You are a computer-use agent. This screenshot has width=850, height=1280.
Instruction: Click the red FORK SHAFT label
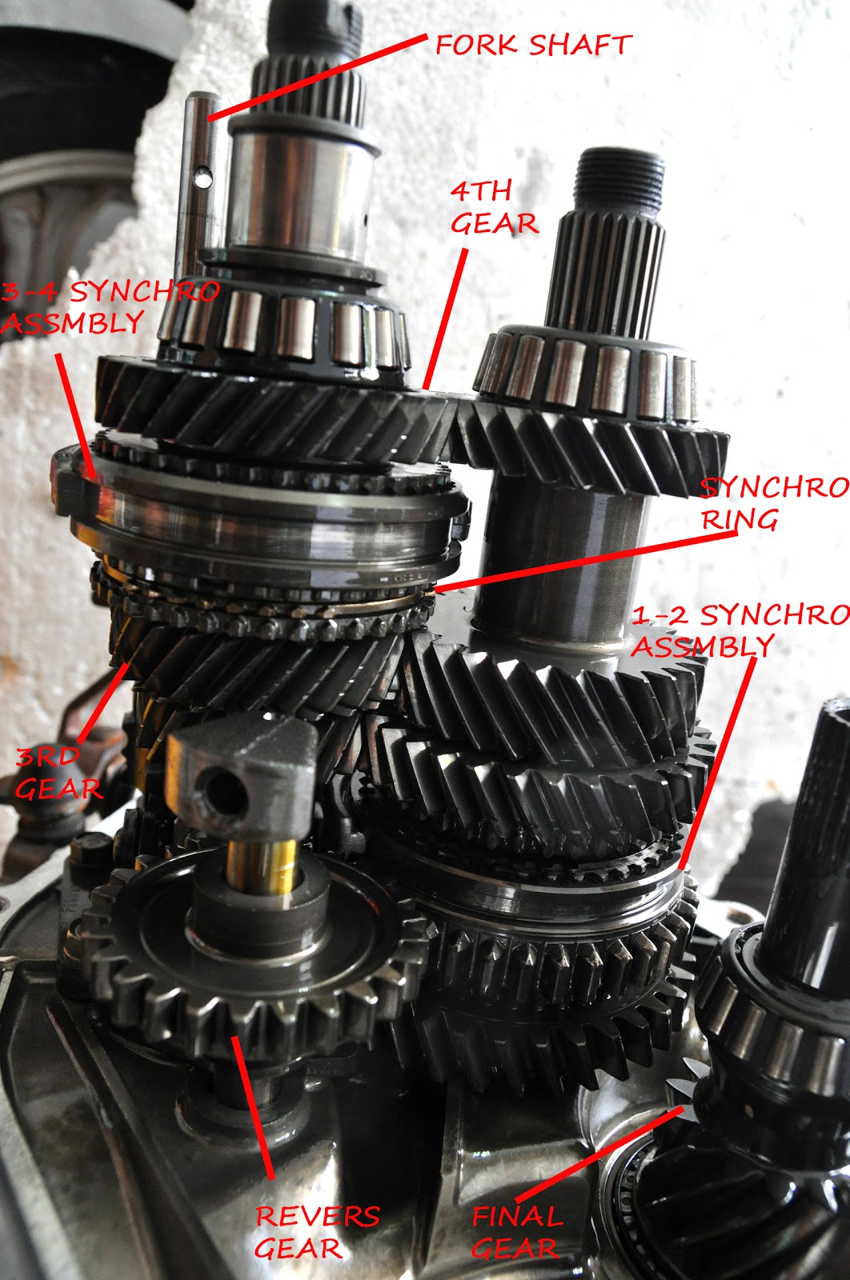coord(533,45)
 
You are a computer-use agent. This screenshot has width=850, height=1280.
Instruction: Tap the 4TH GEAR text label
coord(492,208)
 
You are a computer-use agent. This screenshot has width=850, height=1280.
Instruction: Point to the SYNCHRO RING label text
coord(772,503)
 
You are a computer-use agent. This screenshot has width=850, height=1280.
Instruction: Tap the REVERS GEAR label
coord(316,1232)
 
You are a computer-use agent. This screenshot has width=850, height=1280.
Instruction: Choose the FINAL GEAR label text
coord(516,1232)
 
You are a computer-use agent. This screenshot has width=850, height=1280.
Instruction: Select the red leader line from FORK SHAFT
coord(320,76)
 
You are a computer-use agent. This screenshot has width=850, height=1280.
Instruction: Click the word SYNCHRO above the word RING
coord(772,487)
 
